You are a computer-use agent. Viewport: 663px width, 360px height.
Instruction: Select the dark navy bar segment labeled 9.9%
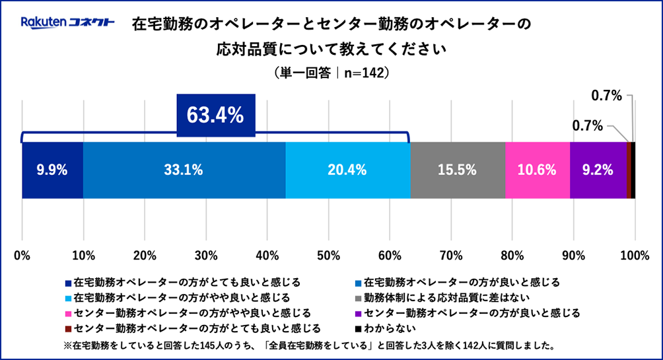click(x=52, y=170)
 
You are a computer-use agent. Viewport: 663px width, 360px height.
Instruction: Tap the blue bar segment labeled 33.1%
click(x=184, y=170)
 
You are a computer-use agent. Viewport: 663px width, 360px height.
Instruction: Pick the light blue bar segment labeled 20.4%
click(x=347, y=170)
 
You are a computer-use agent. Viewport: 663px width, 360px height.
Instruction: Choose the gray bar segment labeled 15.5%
click(x=458, y=170)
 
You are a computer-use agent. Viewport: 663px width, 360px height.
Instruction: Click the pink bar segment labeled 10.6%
click(x=537, y=170)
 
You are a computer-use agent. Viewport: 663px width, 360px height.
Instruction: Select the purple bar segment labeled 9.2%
click(x=598, y=170)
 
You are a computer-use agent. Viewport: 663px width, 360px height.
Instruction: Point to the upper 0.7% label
click(x=606, y=96)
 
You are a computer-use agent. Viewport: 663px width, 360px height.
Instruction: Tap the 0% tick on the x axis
click(x=22, y=254)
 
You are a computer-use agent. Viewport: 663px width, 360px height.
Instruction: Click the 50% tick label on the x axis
click(x=328, y=254)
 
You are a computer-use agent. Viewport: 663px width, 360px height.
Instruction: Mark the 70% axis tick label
click(x=451, y=254)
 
